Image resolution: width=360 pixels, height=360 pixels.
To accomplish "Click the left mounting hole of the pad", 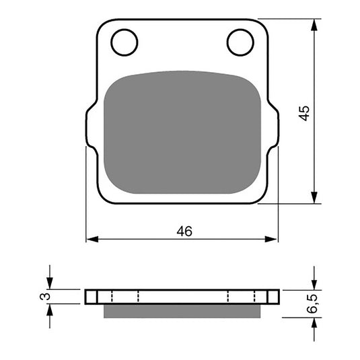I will pos(124,42).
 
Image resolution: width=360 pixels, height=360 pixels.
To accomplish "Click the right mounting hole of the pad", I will pos(240,42).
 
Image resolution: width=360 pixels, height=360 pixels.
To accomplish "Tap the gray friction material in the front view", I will pos(182,131).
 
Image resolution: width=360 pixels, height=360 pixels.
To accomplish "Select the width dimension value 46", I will pos(184,231).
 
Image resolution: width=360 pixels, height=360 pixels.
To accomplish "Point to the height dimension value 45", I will pos(305,112).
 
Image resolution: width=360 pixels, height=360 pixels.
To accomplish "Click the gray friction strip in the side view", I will pos(182,310).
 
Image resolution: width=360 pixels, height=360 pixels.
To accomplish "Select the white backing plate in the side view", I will pos(182,297).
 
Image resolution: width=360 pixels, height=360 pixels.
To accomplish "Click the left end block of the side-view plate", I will pos(91,297).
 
